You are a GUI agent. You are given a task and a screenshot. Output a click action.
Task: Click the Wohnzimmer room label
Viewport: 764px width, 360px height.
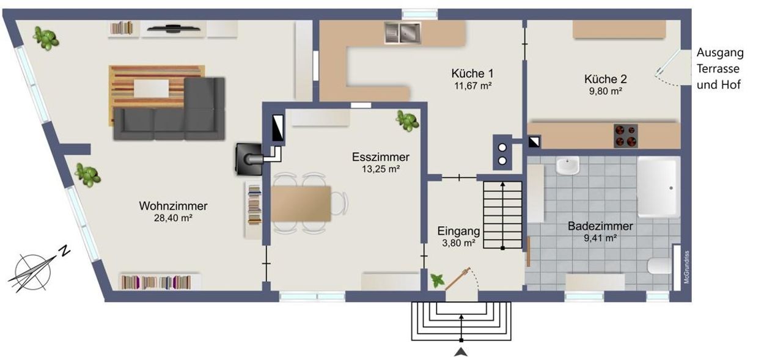[x=173, y=206]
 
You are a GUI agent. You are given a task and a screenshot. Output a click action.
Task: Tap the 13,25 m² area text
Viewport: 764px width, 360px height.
[x=380, y=169]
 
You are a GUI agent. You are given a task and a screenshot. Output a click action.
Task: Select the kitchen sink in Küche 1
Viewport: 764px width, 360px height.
[x=402, y=32]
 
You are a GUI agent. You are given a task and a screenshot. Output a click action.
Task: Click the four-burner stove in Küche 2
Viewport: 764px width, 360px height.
[x=625, y=136]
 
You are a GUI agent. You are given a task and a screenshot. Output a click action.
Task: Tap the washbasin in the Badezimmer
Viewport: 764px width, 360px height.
[x=568, y=166]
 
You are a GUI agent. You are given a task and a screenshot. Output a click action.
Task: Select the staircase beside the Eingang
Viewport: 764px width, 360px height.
[x=502, y=214]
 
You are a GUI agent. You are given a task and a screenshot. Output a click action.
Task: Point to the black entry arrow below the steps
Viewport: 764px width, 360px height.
[x=461, y=351]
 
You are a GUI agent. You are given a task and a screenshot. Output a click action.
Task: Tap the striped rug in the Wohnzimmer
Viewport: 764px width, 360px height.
[x=147, y=92]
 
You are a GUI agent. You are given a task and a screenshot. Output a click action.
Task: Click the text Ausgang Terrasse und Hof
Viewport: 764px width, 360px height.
[x=719, y=69]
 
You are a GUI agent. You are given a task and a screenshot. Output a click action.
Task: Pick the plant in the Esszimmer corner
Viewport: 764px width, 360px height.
[x=407, y=120]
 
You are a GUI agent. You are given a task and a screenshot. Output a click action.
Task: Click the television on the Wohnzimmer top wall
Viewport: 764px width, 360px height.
[x=173, y=28]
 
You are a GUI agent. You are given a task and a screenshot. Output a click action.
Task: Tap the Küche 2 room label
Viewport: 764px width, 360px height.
[x=605, y=79]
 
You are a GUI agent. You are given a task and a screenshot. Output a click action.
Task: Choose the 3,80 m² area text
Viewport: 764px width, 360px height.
[x=459, y=243]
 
